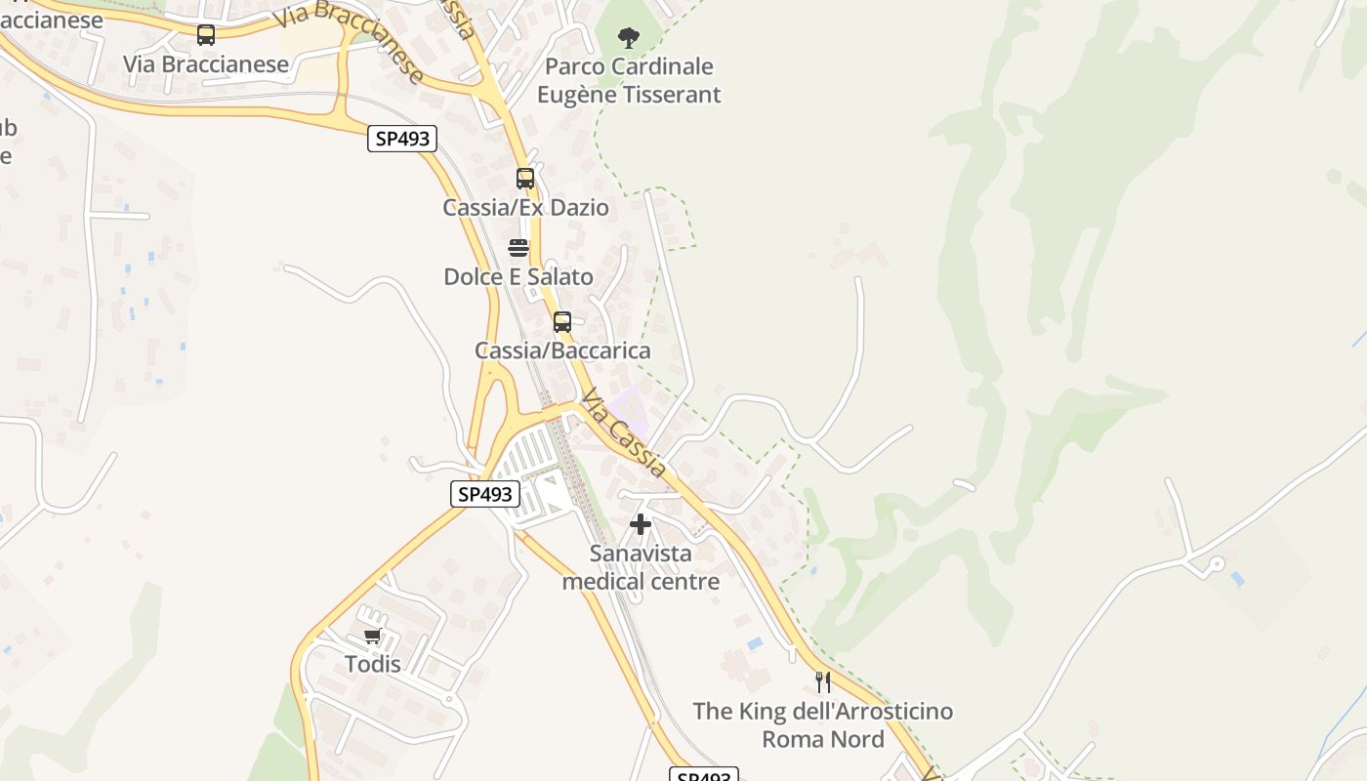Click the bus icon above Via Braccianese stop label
[205, 35]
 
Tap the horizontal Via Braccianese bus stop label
[206, 64]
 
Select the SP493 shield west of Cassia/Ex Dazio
[401, 139]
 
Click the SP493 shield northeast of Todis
[485, 494]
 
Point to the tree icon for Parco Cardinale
[629, 38]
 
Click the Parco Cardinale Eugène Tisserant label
[629, 81]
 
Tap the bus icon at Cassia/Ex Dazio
[525, 179]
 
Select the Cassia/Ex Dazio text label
[525, 208]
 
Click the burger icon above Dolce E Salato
[518, 248]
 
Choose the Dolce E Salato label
[518, 277]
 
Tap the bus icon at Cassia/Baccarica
[561, 321]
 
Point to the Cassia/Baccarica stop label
[562, 350]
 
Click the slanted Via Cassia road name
[624, 433]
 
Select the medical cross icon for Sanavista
[641, 525]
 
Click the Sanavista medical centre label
[641, 567]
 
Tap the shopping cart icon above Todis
[372, 637]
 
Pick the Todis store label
[372, 665]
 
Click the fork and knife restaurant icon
[823, 681]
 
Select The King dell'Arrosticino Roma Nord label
[823, 724]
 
